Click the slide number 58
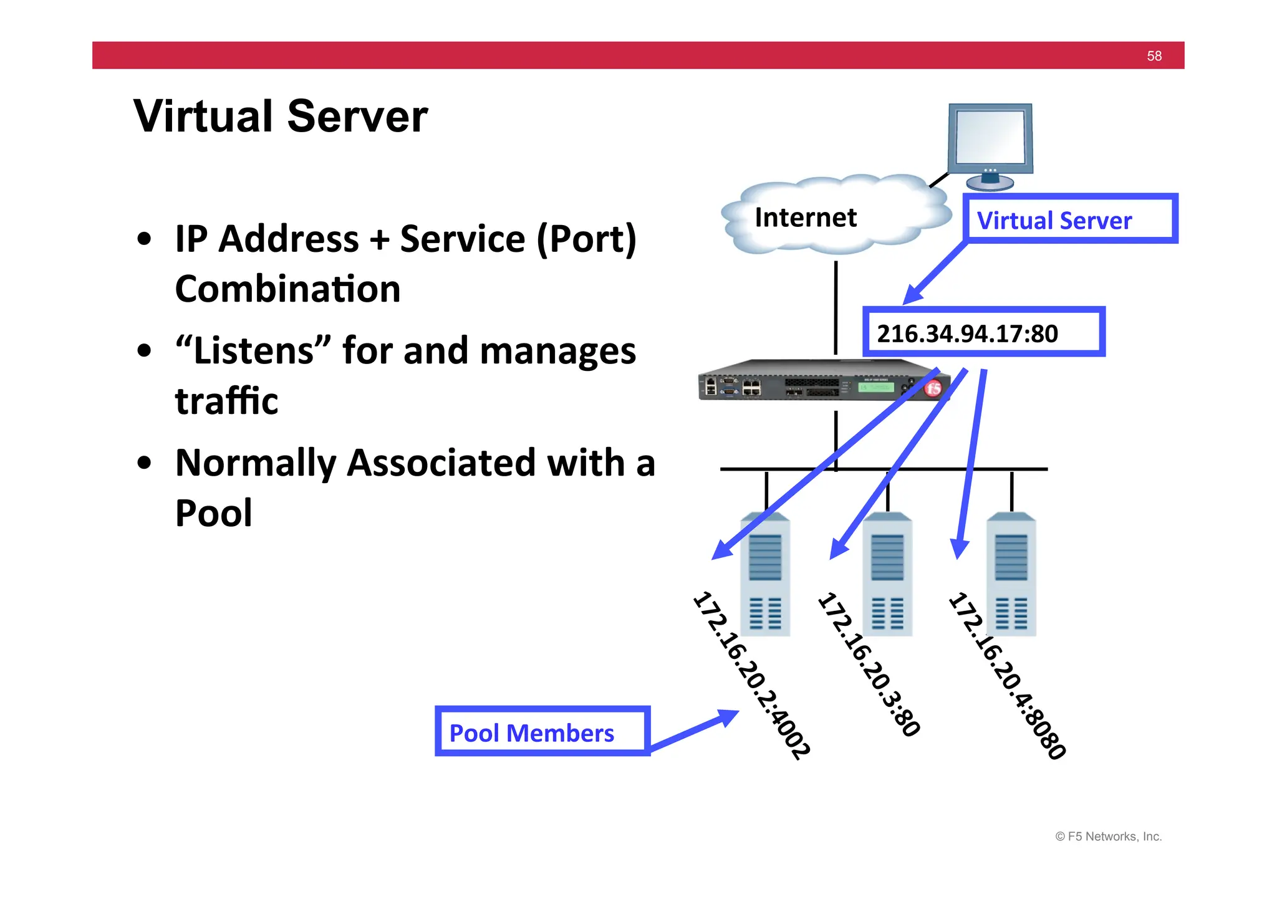[1154, 56]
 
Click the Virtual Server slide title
[281, 117]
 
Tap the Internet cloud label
[805, 218]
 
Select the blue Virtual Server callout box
[1070, 219]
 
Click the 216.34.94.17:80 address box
[983, 333]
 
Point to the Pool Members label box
[542, 732]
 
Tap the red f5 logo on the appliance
[933, 389]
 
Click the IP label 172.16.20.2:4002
[751, 674]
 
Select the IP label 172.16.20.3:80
[869, 665]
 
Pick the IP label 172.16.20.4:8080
[1006, 675]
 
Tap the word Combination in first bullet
[287, 289]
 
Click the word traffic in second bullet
[226, 401]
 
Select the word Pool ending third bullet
[213, 513]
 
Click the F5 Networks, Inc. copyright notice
[1108, 837]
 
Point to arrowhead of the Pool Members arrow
[728, 717]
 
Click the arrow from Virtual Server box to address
[935, 273]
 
